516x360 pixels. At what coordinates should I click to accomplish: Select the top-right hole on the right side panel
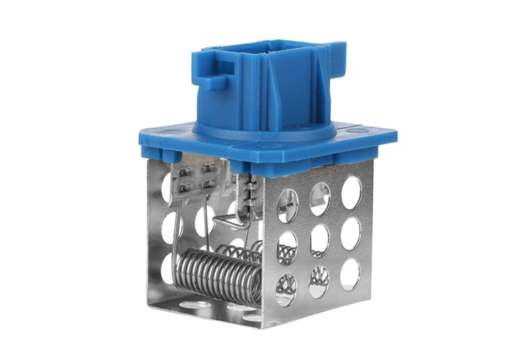[351, 193]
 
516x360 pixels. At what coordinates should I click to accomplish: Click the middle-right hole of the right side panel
[350, 234]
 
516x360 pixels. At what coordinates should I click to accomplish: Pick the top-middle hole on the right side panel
[320, 198]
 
